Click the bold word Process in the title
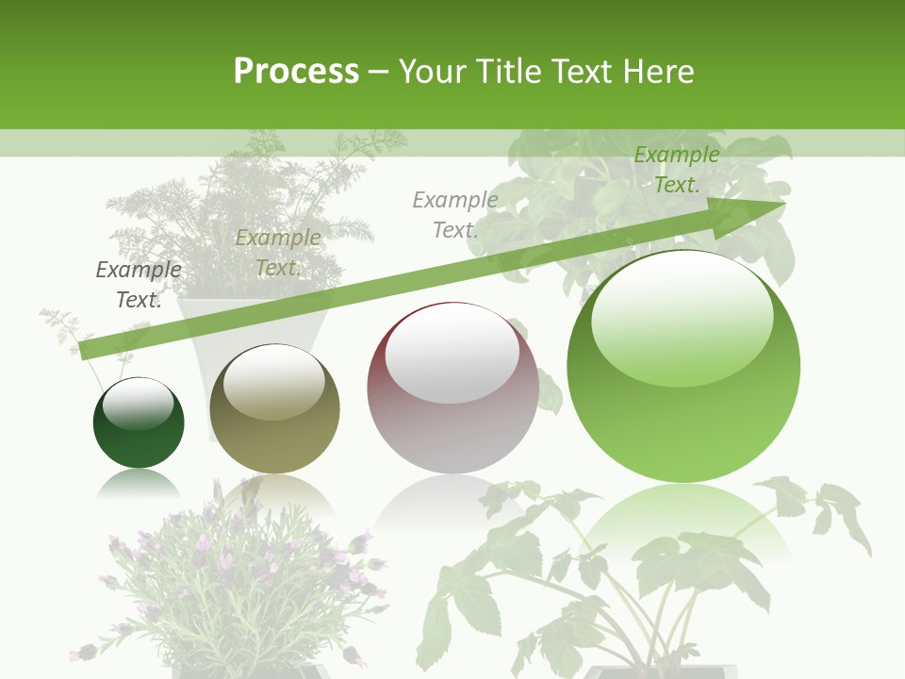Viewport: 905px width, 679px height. (296, 71)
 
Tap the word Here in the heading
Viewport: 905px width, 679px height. (659, 71)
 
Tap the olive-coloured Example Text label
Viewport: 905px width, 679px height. (278, 253)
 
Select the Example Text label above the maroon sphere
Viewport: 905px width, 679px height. (455, 214)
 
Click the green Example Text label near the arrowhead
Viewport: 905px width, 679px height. (676, 170)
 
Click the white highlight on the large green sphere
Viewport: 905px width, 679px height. (682, 321)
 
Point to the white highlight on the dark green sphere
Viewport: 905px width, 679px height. (139, 405)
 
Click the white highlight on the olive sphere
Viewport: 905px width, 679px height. (274, 383)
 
